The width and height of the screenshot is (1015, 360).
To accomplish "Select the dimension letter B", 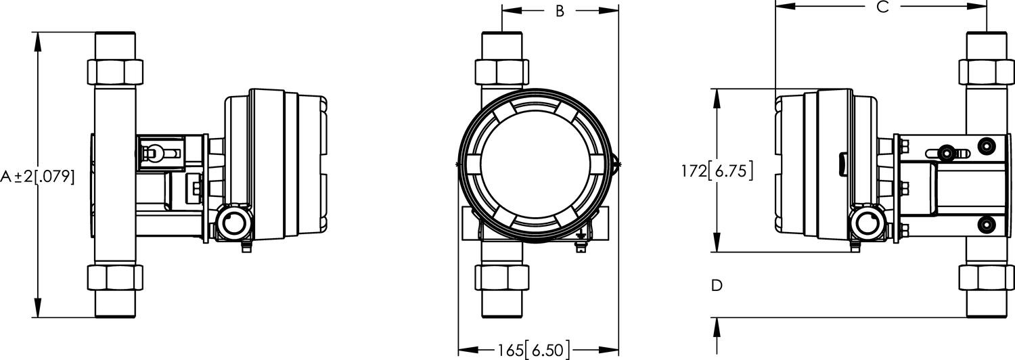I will tap(560, 12).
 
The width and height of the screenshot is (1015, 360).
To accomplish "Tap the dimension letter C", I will tap(882, 7).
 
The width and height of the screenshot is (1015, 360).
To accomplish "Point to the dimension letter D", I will tap(717, 286).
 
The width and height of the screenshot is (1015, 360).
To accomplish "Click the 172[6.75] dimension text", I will tap(717, 171).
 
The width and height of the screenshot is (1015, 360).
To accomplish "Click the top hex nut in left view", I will tap(116, 71).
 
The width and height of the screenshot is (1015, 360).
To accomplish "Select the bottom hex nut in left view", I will tap(116, 277).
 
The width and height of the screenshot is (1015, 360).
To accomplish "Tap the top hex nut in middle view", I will tap(502, 71).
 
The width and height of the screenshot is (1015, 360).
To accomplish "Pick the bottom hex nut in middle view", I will tap(502, 277).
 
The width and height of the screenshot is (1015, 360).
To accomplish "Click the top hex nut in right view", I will tap(986, 71).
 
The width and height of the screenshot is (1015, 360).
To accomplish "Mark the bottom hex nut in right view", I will tap(986, 277).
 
